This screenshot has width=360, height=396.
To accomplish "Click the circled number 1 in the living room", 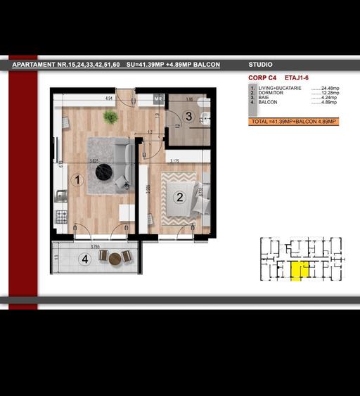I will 77,180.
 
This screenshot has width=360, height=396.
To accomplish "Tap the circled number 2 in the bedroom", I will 179,198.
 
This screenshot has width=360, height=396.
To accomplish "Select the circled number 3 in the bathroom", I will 188,116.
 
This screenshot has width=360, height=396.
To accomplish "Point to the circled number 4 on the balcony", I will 85,260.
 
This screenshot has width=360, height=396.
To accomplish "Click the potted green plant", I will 110,116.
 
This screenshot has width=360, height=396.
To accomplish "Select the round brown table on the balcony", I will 115,258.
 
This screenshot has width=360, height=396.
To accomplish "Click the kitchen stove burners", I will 62,216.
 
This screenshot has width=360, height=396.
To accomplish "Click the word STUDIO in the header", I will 261,65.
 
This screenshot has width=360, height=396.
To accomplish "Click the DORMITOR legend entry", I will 272,93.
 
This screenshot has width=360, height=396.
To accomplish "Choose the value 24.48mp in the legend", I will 330,88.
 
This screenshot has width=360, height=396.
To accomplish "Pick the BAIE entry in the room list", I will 266,98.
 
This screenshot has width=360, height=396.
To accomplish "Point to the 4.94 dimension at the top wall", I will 109,99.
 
